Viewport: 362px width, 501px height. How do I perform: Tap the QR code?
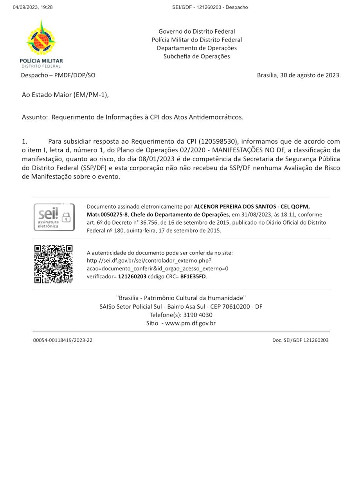[x=53, y=264]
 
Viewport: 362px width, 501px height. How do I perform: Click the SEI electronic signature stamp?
[x=54, y=217]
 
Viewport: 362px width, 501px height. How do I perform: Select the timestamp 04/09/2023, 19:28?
[x=32, y=7]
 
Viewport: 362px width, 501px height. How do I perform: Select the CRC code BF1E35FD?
[x=193, y=276]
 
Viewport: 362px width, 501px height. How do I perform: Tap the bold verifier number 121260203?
[x=132, y=276]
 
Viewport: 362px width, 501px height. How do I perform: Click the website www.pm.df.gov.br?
[x=190, y=323]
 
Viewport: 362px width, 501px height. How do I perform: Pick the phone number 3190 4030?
[x=198, y=315]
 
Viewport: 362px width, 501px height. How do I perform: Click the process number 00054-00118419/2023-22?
[x=63, y=340]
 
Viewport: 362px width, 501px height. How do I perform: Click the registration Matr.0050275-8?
[x=107, y=214]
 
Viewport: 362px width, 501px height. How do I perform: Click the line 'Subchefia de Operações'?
[x=196, y=56]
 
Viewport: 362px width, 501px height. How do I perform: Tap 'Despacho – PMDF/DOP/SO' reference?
[x=58, y=75]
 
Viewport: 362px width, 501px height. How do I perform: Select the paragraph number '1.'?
[x=24, y=141]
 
